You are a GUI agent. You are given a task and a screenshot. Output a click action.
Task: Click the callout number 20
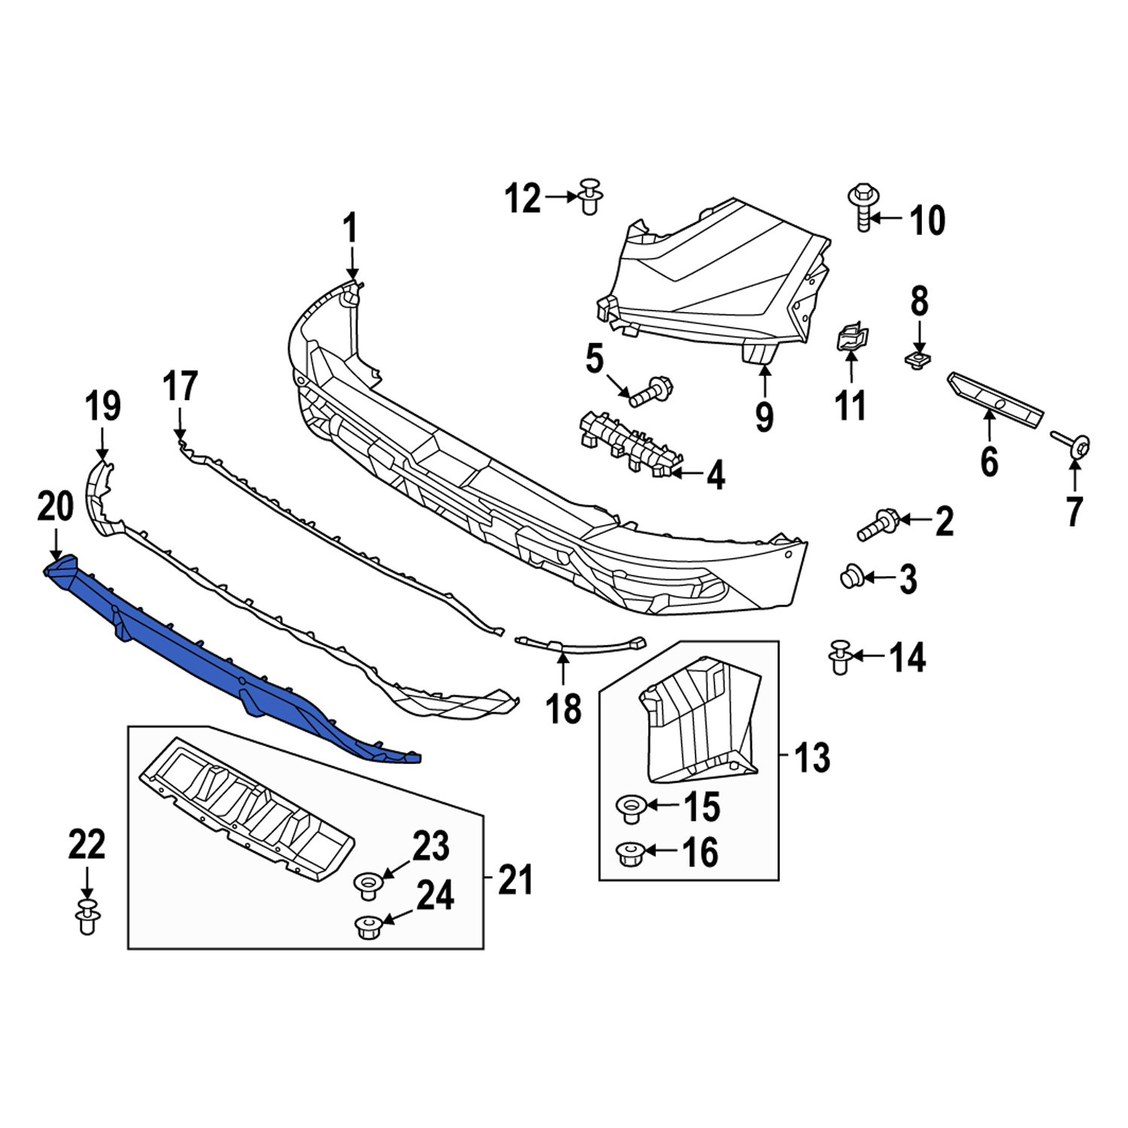click(x=55, y=508)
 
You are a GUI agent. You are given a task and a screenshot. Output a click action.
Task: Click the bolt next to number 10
click(x=863, y=207)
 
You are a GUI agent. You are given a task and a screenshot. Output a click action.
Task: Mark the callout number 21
click(x=515, y=880)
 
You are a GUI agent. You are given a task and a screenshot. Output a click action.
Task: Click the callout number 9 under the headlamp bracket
click(x=764, y=417)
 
